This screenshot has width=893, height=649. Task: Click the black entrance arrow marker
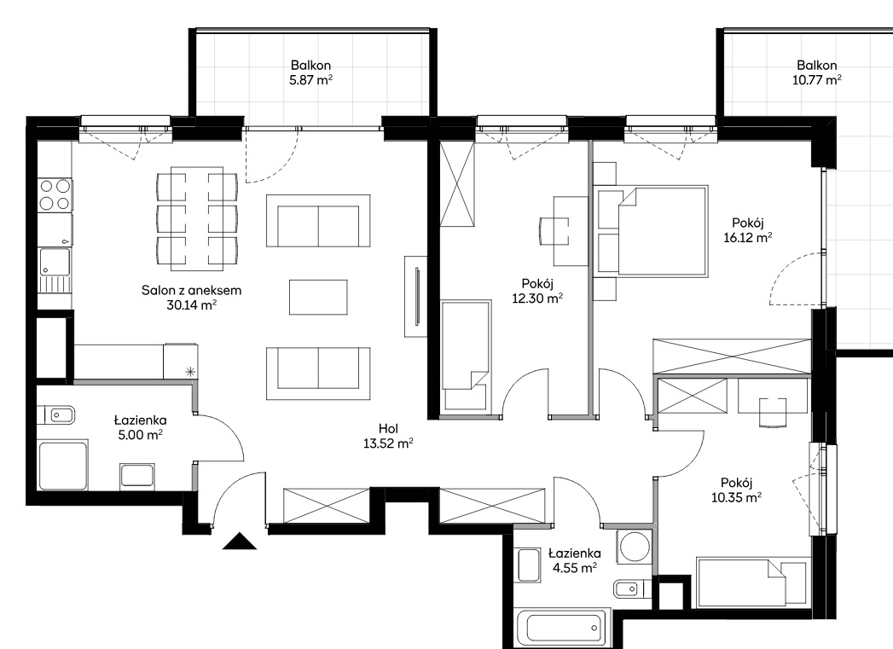[240, 541]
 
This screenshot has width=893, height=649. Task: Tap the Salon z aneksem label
[191, 290]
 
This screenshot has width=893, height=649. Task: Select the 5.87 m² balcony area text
[310, 79]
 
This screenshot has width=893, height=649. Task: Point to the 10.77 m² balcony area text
[817, 79]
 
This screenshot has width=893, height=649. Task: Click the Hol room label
[388, 429]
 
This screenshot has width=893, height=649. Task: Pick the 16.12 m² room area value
[748, 237]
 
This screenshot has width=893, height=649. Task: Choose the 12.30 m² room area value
[537, 297]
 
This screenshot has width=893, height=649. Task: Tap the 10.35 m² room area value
[736, 497]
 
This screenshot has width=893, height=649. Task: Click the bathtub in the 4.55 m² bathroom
[563, 628]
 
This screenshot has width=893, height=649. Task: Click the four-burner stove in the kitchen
[55, 194]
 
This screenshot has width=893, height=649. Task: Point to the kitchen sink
[55, 270]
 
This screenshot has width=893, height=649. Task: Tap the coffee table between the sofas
[318, 297]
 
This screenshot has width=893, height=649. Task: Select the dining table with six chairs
[197, 218]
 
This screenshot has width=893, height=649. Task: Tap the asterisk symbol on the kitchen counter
[189, 372]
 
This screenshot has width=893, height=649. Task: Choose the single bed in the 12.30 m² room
[466, 355]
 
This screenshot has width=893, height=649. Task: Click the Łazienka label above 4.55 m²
[575, 553]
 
